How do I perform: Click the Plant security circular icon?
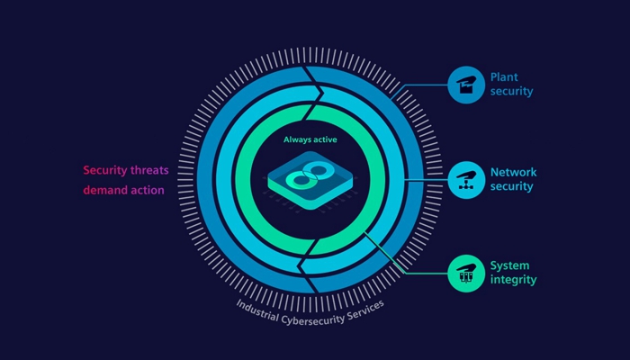point(466,85)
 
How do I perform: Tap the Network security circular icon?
point(466,180)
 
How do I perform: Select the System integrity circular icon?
point(466,274)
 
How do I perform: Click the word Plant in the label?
point(504,77)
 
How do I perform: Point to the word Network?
point(514,173)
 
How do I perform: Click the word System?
point(510,266)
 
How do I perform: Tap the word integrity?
point(514,280)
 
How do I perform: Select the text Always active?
point(310,139)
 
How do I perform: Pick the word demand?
point(103,190)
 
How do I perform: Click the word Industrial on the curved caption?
point(257,310)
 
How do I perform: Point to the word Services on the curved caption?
point(365,310)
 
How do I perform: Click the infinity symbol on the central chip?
point(309,175)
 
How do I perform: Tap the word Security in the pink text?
point(105,170)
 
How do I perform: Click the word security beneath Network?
point(511,186)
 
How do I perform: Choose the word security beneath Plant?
point(511,91)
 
